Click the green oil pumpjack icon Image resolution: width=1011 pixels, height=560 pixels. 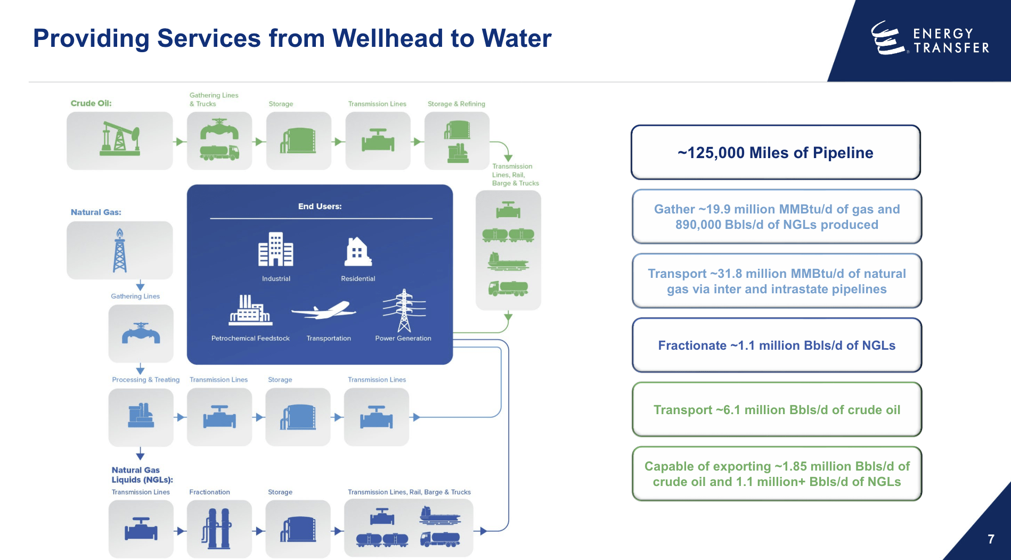pyautogui.click(x=120, y=139)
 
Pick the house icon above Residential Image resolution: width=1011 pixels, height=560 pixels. pyautogui.click(x=358, y=252)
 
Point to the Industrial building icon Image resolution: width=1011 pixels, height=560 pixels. pyautogui.click(x=275, y=249)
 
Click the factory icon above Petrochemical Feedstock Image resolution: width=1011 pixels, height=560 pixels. pyautogui.click(x=250, y=310)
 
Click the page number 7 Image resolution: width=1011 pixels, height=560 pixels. pyautogui.click(x=991, y=539)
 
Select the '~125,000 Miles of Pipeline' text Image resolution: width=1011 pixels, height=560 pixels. pyautogui.click(x=775, y=153)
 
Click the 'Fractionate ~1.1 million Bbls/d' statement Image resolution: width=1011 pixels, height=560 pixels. pyautogui.click(x=776, y=346)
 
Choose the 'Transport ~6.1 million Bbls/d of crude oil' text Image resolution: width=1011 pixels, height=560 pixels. pyautogui.click(x=776, y=410)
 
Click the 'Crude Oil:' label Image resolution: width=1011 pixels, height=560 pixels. pyautogui.click(x=91, y=103)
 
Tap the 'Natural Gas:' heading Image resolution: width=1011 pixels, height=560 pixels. pyautogui.click(x=96, y=212)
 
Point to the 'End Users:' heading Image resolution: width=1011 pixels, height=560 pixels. pyautogui.click(x=320, y=207)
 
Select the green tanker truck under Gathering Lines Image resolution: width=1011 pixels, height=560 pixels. pyautogui.click(x=219, y=153)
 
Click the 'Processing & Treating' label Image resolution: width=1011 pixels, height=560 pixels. pyautogui.click(x=145, y=380)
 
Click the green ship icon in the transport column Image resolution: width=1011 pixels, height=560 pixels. pyautogui.click(x=508, y=261)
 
